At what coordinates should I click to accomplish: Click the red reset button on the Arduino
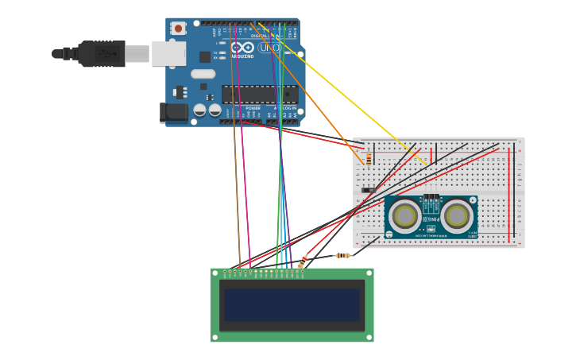[178, 29]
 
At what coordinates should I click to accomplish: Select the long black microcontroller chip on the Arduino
[259, 95]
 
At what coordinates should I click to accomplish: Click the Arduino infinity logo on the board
[242, 48]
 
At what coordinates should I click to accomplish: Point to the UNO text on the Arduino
[269, 48]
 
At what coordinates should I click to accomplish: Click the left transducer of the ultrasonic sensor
[405, 215]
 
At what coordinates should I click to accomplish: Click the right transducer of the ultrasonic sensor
[458, 215]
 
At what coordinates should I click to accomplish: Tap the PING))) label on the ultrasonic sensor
[431, 219]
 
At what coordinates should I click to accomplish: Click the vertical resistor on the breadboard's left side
[369, 158]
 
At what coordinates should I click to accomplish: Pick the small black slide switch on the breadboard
[369, 190]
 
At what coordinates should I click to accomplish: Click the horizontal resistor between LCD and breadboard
[342, 255]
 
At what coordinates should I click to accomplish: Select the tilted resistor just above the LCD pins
[302, 261]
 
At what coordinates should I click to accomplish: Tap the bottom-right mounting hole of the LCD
[369, 338]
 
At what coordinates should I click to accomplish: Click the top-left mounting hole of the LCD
[215, 273]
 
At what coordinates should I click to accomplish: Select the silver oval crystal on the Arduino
[203, 74]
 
